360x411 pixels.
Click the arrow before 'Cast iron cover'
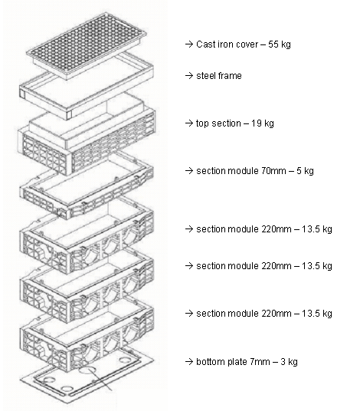tap(188, 44)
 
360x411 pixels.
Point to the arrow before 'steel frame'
tap(188, 76)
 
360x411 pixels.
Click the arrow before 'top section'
tap(188, 123)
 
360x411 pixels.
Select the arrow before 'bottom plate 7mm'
tap(188, 362)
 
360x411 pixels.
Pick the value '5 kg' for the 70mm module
tap(305, 171)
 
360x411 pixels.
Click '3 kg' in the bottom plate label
tap(289, 362)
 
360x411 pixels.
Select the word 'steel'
tap(206, 76)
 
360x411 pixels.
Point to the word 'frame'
tap(230, 76)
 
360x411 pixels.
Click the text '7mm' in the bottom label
tap(260, 362)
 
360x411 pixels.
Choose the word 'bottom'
tap(209, 362)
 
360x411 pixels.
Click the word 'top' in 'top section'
tap(202, 123)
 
